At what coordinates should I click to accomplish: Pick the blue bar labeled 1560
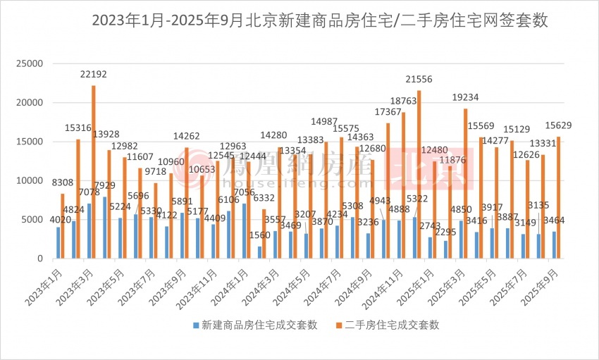click(x=260, y=252)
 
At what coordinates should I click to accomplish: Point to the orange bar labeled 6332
click(x=264, y=234)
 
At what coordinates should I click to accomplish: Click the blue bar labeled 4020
click(x=58, y=243)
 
